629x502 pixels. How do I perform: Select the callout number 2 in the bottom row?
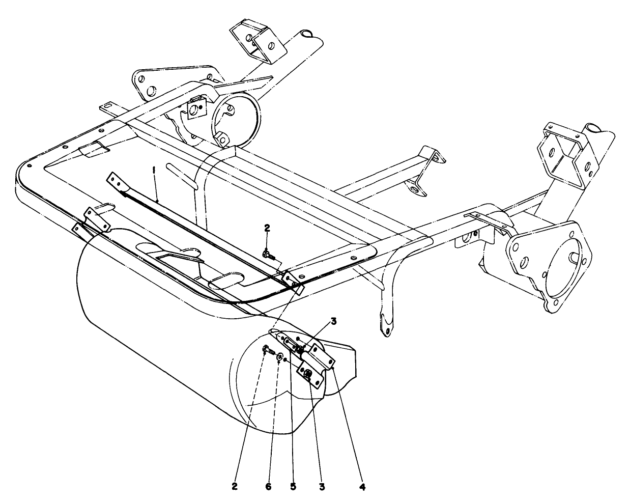235,486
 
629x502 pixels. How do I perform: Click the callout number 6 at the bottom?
269,486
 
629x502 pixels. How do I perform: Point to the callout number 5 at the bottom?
293,486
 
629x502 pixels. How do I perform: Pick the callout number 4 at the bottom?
362,486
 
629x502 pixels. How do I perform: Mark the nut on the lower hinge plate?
308,375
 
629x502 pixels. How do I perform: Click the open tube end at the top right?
593,127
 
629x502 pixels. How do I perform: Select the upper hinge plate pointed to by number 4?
322,353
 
